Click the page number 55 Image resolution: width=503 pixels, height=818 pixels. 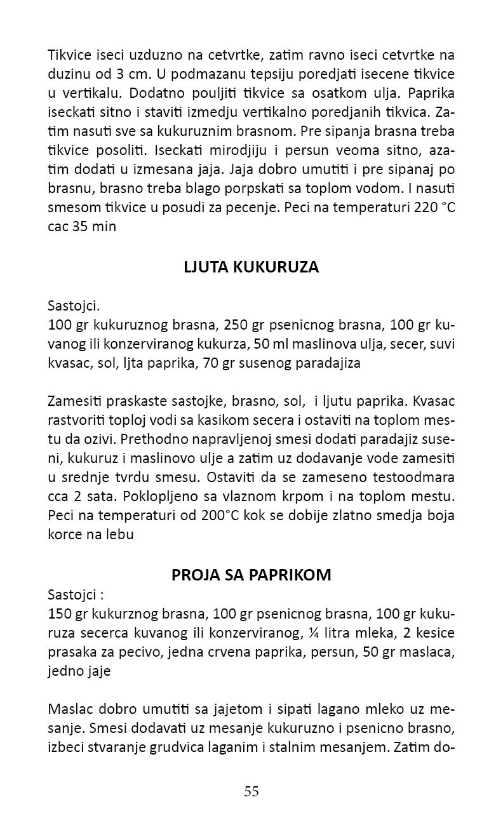251,791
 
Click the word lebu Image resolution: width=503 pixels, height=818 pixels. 120,534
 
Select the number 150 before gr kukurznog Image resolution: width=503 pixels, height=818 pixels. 59,615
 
